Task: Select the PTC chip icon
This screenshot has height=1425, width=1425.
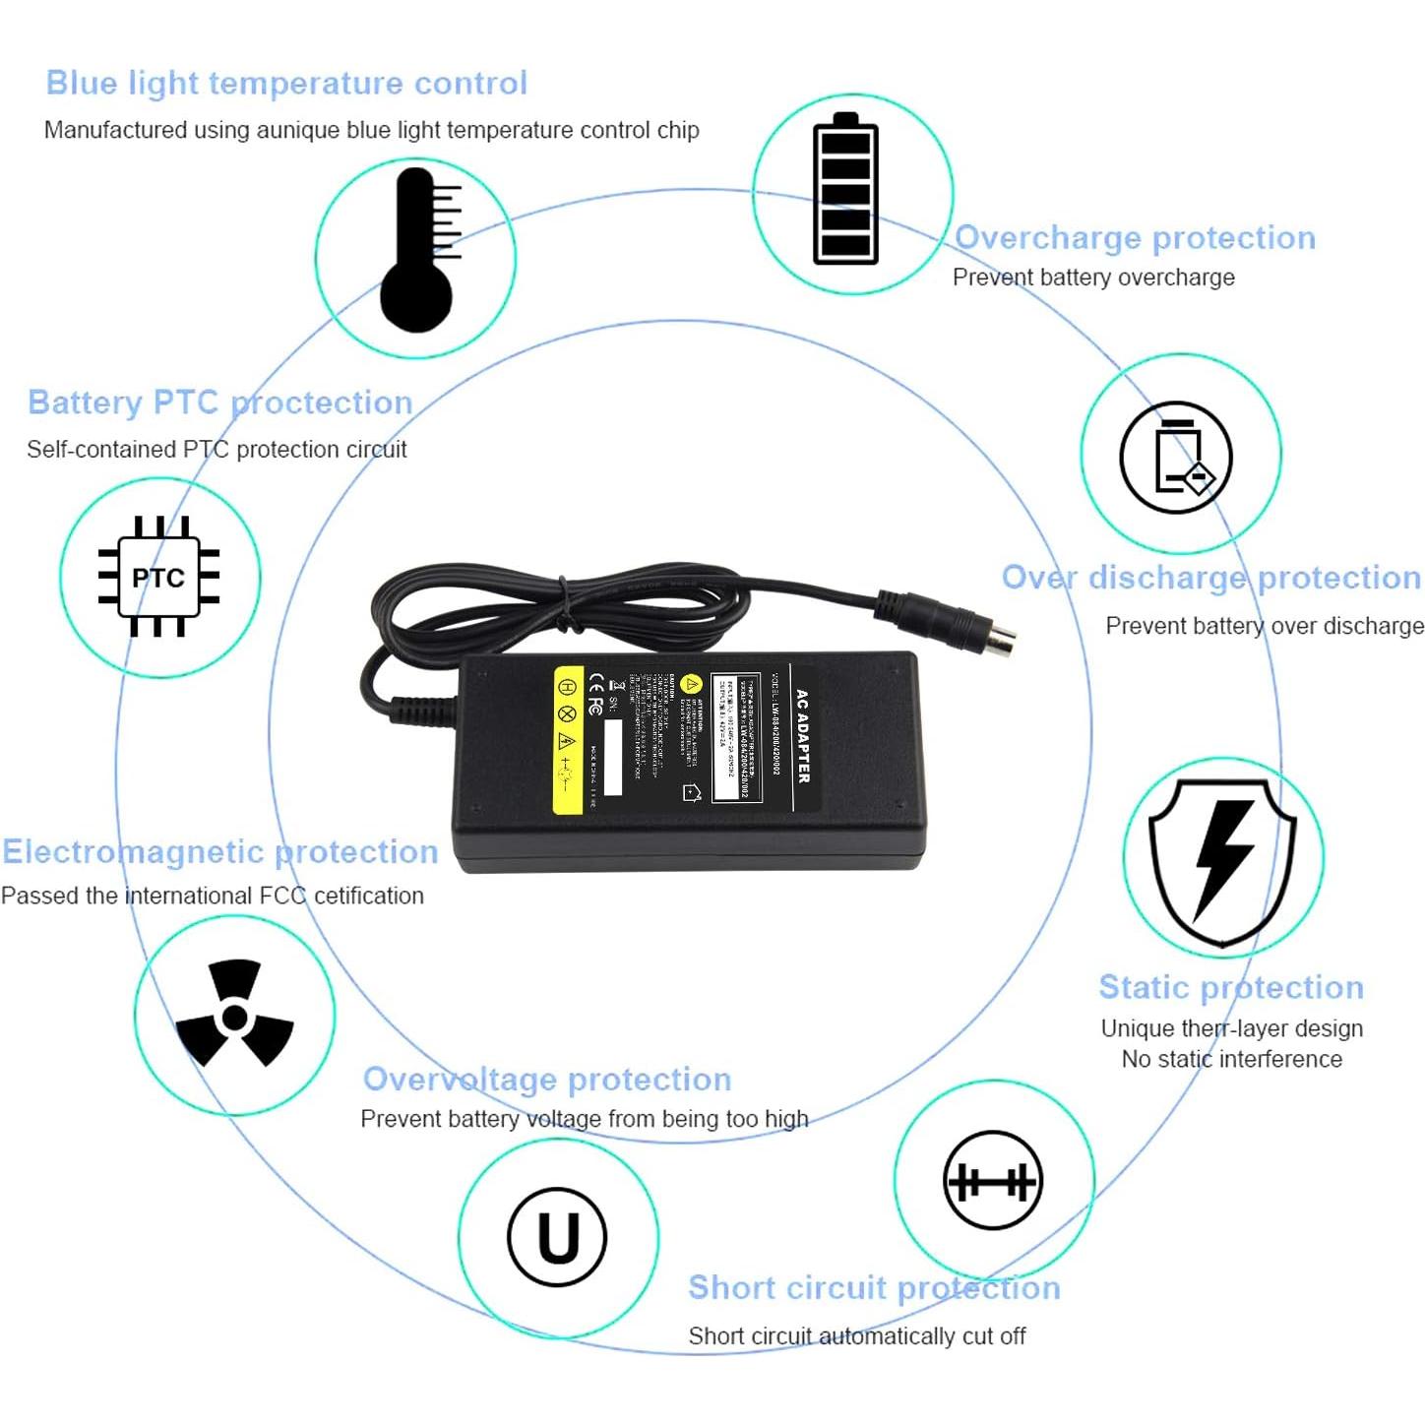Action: pyautogui.click(x=158, y=577)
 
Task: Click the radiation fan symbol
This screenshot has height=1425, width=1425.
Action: pyautogui.click(x=234, y=1015)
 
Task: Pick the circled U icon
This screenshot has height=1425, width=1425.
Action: pyautogui.click(x=557, y=1237)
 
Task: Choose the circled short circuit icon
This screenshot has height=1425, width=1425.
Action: pyautogui.click(x=993, y=1180)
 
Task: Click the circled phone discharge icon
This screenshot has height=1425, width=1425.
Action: pyautogui.click(x=1176, y=458)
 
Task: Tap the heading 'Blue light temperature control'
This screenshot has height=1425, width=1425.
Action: pyautogui.click(x=286, y=84)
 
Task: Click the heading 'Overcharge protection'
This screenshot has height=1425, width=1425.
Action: pyautogui.click(x=1135, y=238)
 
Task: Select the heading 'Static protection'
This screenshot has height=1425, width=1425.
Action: pyautogui.click(x=1231, y=987)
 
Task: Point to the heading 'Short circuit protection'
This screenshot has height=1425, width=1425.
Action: pyautogui.click(x=874, y=1287)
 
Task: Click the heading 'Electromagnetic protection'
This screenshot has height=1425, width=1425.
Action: pyautogui.click(x=219, y=851)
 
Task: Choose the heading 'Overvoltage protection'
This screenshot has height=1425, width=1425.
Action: pyautogui.click(x=547, y=1080)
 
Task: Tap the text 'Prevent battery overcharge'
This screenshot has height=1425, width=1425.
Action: pyautogui.click(x=1093, y=278)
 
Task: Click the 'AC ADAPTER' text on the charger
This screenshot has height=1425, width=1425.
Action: pyautogui.click(x=803, y=736)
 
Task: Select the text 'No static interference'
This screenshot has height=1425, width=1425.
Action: pyautogui.click(x=1231, y=1059)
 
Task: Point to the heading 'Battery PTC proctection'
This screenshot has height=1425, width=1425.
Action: pyautogui.click(x=219, y=403)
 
